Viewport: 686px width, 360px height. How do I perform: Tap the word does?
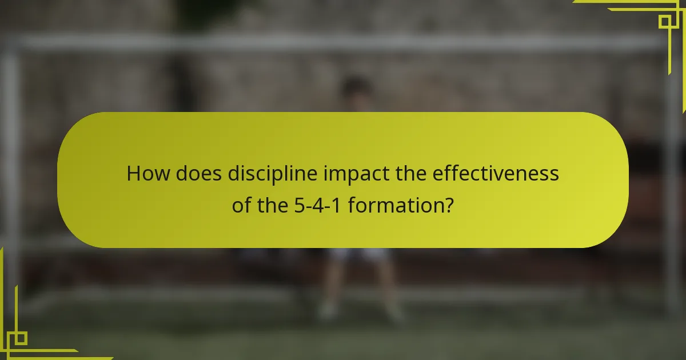click(199, 174)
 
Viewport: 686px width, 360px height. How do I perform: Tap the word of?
click(242, 205)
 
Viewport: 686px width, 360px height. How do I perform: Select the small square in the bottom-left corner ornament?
click(19, 338)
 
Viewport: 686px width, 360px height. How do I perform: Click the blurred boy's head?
click(356, 91)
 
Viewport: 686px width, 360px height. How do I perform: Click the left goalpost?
click(10, 171)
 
